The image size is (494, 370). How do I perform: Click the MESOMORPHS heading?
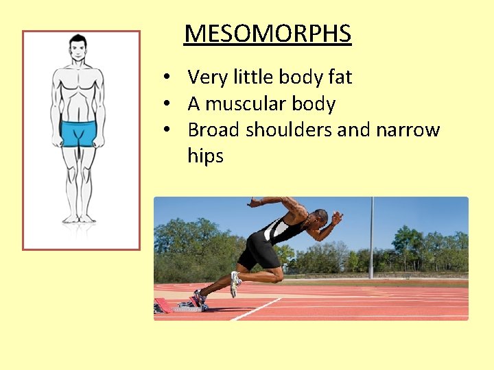click(268, 34)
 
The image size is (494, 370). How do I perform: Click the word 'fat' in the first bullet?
click(340, 77)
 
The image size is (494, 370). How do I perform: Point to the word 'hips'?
click(205, 156)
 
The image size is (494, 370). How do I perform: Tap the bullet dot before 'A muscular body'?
click(167, 104)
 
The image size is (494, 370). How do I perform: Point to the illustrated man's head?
click(78, 49)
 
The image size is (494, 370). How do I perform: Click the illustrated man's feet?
click(78, 218)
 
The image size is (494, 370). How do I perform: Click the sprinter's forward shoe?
click(235, 282)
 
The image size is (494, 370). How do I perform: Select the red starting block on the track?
click(164, 305)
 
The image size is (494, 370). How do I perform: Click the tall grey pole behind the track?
click(372, 236)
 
